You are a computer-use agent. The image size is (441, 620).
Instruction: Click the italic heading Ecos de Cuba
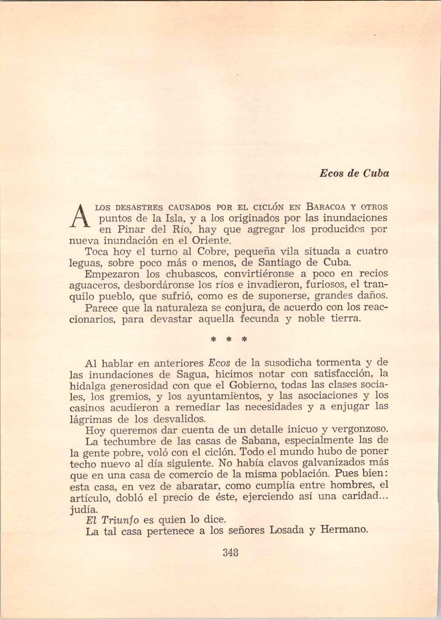[354, 174]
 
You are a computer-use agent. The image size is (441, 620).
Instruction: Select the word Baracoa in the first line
[326, 207]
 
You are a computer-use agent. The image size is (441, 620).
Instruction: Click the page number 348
[231, 552]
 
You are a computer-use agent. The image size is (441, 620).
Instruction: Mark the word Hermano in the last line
[344, 530]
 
